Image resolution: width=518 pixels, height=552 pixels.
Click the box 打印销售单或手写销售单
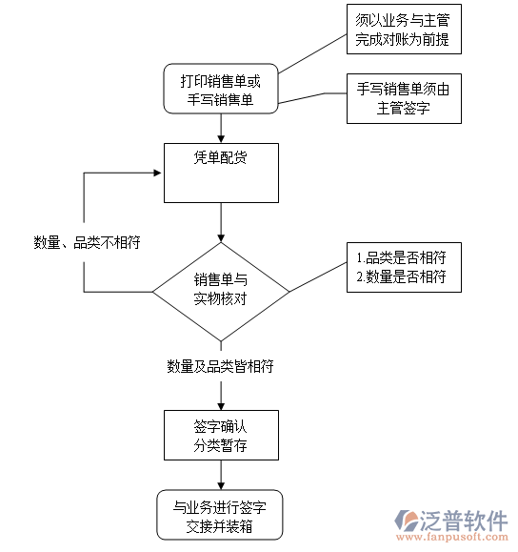221,90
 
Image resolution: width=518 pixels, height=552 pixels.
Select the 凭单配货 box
221,173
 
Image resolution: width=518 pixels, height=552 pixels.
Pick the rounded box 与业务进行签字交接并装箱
221,516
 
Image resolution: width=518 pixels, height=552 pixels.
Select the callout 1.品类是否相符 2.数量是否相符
401,267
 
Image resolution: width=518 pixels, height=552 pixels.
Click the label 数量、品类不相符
87,242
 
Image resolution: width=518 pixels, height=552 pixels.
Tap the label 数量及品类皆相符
221,365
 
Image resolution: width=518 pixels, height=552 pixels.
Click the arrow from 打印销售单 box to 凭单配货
221,127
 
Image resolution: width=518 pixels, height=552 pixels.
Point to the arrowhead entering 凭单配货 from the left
158,174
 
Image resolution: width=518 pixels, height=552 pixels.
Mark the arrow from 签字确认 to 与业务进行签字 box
221,476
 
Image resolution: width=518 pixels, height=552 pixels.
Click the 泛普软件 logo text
463,521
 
